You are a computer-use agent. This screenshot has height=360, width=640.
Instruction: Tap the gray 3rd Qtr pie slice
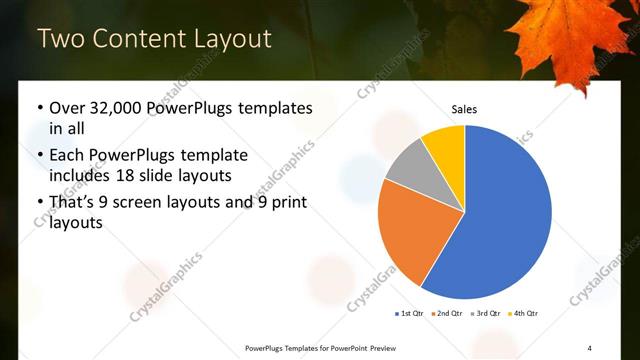point(408,166)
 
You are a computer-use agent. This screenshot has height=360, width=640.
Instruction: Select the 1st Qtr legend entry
point(409,314)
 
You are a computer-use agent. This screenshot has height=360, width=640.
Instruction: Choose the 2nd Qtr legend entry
point(445,314)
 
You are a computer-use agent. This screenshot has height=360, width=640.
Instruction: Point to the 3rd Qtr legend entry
point(484,314)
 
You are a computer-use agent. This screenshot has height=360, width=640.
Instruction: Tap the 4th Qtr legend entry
point(523,314)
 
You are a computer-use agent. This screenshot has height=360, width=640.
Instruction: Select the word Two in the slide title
point(63,39)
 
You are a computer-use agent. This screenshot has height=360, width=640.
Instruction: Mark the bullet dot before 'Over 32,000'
point(39,108)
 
